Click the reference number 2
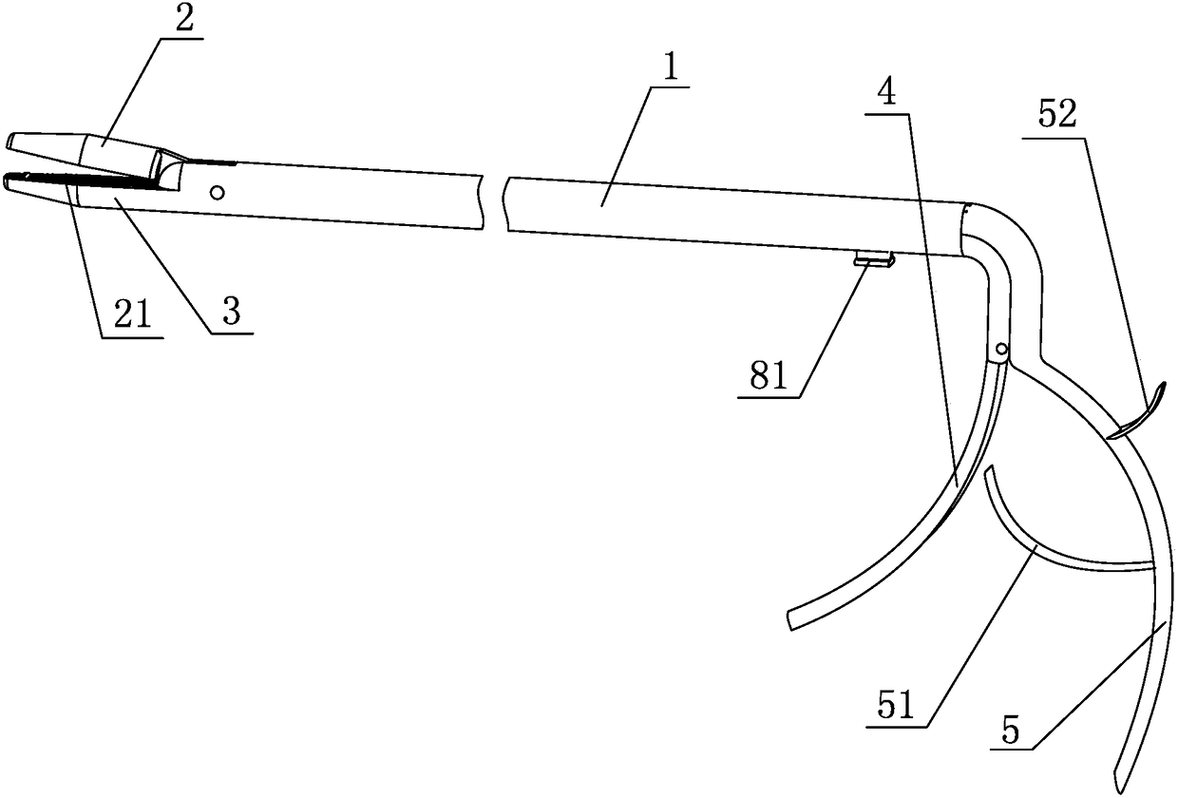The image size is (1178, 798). point(184,21)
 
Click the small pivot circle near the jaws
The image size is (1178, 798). point(218,192)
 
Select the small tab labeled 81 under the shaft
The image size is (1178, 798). point(873,258)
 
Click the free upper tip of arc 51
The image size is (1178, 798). point(988,470)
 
